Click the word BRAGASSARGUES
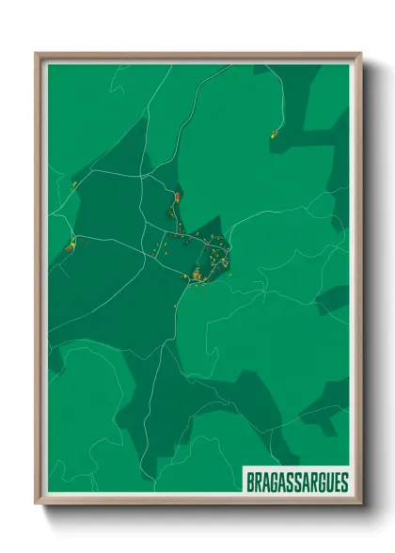pyautogui.click(x=296, y=482)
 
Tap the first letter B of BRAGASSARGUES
pyautogui.click(x=249, y=482)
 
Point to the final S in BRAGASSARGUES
pyautogui.click(x=343, y=482)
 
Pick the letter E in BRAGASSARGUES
pyautogui.click(x=335, y=482)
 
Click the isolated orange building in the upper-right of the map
pyautogui.click(x=273, y=135)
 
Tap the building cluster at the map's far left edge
pyautogui.click(x=70, y=247)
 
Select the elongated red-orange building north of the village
pyautogui.click(x=175, y=197)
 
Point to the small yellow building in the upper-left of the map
pyautogui.click(x=73, y=184)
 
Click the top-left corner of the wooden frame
pyautogui.click(x=37, y=54)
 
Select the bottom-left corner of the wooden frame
pyautogui.click(x=37, y=503)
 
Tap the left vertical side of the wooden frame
pyautogui.click(x=39, y=282)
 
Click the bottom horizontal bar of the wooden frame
pyautogui.click(x=197, y=501)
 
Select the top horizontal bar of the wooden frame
pyautogui.click(x=197, y=55)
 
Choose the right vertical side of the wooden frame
pyautogui.click(x=357, y=282)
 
